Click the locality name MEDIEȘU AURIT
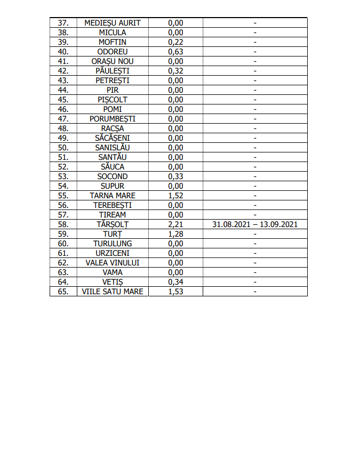point(113,23)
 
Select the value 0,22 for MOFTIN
point(175,42)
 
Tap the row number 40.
point(63,52)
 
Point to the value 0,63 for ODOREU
point(175,52)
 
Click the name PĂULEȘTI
point(113,71)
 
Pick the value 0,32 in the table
point(175,71)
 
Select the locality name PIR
point(113,90)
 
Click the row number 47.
point(63,119)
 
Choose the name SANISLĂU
point(113,148)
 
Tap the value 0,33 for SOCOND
point(175,176)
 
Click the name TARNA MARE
point(113,196)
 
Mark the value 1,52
point(175,196)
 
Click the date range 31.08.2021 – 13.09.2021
point(255,224)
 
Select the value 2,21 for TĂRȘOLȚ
point(175,224)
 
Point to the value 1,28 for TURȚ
point(175,234)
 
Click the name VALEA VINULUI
point(113,263)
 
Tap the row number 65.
point(63,292)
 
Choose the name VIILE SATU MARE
point(113,292)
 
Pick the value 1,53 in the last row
point(175,292)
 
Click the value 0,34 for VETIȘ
point(175,282)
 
